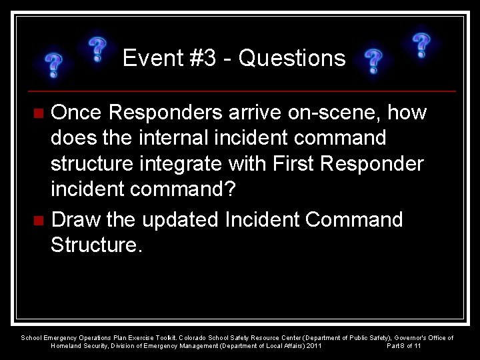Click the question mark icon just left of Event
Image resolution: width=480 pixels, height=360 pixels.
[x=97, y=50]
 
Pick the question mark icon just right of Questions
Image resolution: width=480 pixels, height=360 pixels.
[x=373, y=61]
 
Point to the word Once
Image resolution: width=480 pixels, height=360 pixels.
[x=78, y=113]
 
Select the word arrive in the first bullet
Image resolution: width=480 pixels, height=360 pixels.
[x=251, y=113]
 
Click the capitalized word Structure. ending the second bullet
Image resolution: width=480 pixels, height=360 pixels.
[x=96, y=246]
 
